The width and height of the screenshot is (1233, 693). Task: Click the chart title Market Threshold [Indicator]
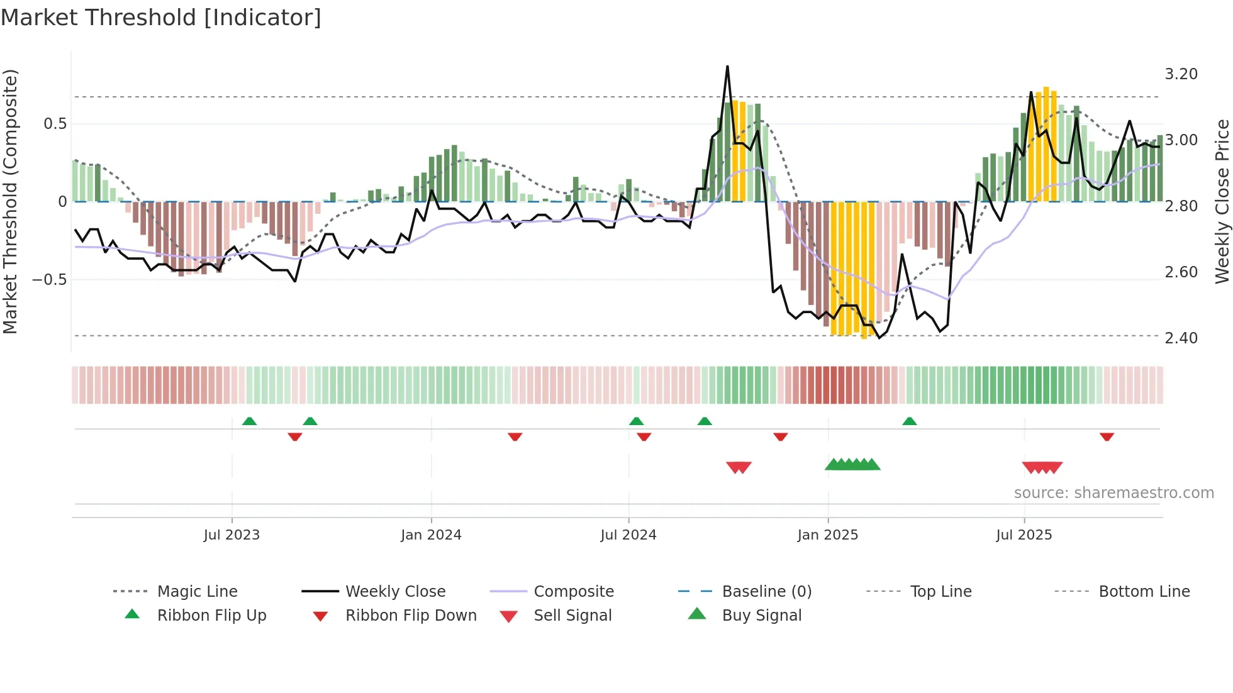(161, 18)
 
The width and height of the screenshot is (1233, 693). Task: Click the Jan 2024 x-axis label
(431, 535)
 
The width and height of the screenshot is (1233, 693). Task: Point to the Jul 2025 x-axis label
(1024, 535)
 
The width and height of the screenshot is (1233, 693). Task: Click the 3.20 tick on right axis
(1181, 74)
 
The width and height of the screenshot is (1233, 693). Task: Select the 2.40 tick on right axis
(1181, 338)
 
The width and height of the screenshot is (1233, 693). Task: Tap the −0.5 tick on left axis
(49, 279)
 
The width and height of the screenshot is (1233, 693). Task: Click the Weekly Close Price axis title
(1222, 201)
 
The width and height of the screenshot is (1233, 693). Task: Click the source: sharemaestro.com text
(1113, 492)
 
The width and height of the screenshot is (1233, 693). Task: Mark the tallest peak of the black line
(727, 66)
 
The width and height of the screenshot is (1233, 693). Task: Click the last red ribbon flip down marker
(1107, 436)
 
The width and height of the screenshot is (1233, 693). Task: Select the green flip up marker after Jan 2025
(909, 421)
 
